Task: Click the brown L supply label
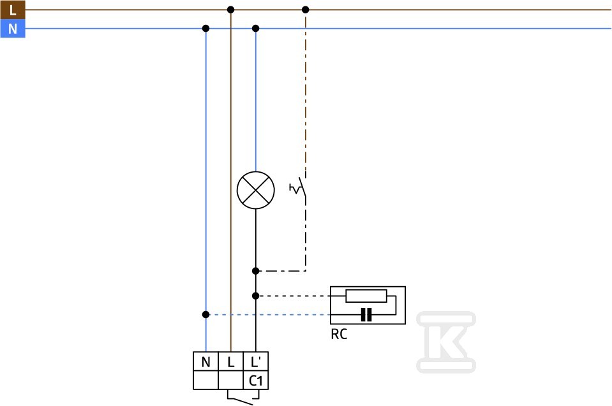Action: (13, 10)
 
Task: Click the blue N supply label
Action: (13, 29)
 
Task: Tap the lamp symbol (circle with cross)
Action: (256, 190)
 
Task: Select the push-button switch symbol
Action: (299, 188)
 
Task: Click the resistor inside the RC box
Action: (366, 296)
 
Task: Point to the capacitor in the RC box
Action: (366, 314)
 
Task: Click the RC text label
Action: (339, 335)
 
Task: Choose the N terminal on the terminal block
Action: (205, 361)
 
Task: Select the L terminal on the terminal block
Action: (230, 361)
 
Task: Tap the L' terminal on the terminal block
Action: (256, 361)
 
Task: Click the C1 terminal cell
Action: (256, 381)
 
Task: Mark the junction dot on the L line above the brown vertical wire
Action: (230, 10)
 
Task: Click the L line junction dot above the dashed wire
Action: (306, 10)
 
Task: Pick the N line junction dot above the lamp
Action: (256, 29)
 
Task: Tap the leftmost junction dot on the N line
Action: (205, 29)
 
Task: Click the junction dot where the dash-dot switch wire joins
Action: (256, 271)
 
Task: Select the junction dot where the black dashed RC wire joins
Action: (256, 296)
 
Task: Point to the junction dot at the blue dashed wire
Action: (205, 314)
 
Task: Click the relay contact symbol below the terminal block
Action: (243, 398)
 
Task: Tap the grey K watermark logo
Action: (446, 342)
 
